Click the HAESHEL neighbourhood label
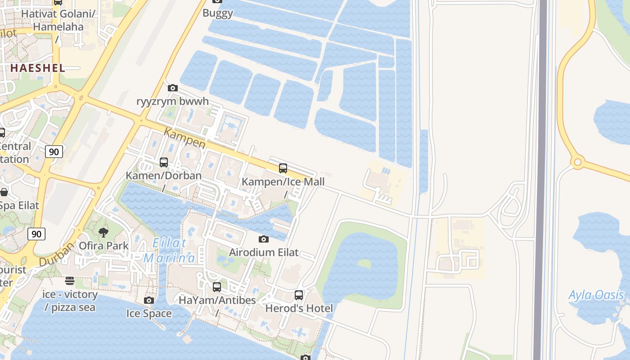(x=37, y=68)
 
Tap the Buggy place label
(x=218, y=13)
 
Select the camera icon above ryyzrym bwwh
(x=172, y=88)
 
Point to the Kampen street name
(x=184, y=138)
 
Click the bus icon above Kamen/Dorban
(x=164, y=162)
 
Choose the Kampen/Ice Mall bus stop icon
(x=283, y=168)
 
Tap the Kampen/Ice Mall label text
(x=283, y=182)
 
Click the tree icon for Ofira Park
(x=103, y=233)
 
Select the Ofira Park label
(x=103, y=246)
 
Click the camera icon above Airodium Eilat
(x=264, y=239)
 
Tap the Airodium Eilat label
(x=264, y=252)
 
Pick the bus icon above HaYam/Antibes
(x=217, y=287)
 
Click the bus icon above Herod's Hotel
(x=299, y=295)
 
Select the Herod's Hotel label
(x=299, y=308)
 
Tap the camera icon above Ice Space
(x=149, y=300)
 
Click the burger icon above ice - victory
(x=70, y=281)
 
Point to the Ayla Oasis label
(x=596, y=295)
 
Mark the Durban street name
(x=57, y=255)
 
